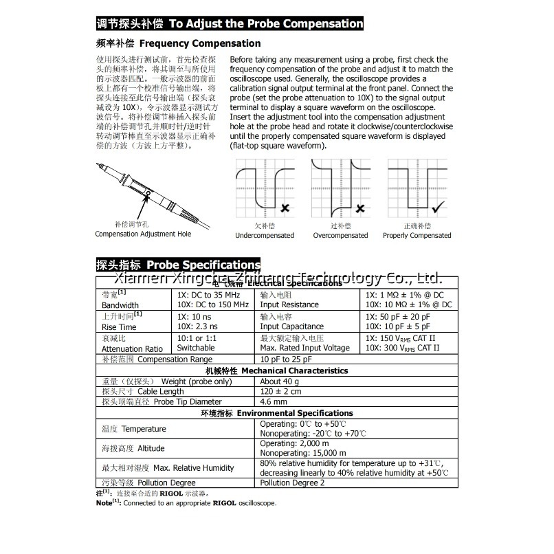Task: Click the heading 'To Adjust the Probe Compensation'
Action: click(266, 23)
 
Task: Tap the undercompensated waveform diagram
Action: click(265, 188)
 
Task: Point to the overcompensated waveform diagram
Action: click(340, 188)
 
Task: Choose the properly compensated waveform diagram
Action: click(417, 188)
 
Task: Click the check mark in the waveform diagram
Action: click(436, 206)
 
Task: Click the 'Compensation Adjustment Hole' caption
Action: click(143, 234)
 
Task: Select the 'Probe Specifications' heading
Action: click(203, 265)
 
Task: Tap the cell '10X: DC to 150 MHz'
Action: click(213, 304)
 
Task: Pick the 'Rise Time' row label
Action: click(119, 326)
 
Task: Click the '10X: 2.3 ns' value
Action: click(197, 326)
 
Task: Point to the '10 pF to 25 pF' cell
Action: click(286, 359)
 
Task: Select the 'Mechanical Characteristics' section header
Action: click(295, 370)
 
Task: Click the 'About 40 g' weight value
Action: click(280, 381)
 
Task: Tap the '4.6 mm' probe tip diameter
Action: click(274, 401)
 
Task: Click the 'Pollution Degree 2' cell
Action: click(292, 483)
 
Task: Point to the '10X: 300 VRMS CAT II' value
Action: click(402, 348)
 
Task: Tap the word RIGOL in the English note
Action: click(225, 503)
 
